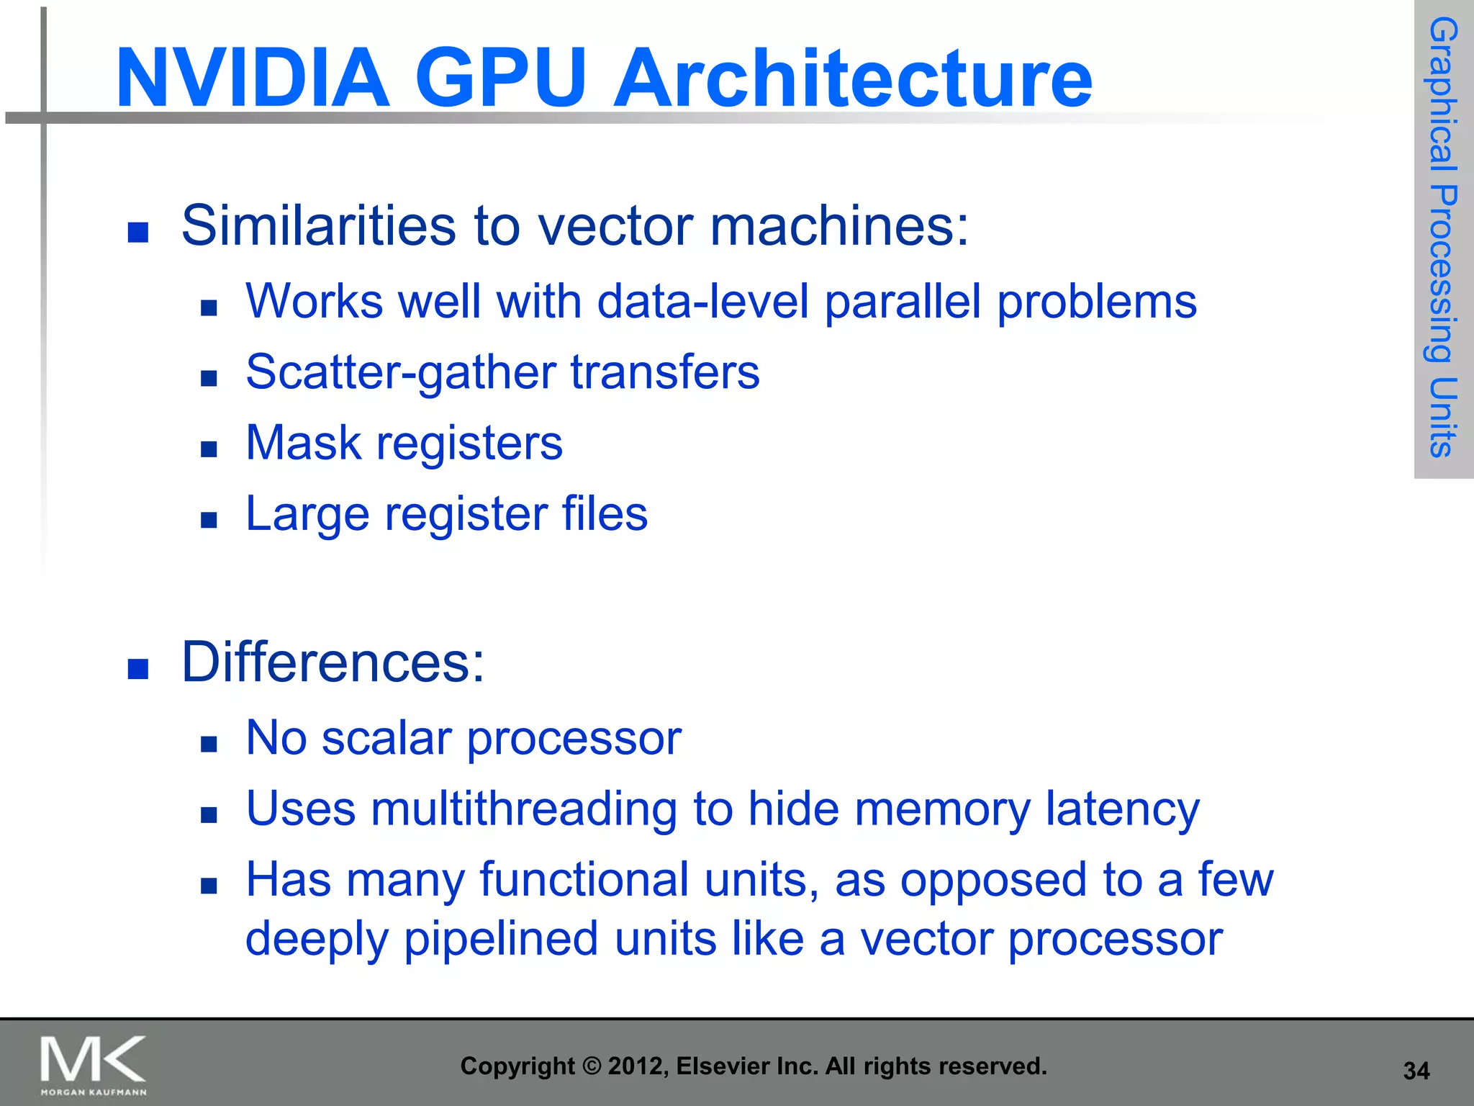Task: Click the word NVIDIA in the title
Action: pos(252,78)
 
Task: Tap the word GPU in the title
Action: pos(501,78)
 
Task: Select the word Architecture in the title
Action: pos(853,78)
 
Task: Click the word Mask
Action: pos(303,443)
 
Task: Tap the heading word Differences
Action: pos(333,662)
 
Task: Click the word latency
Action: pos(1123,809)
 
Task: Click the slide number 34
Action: pos(1416,1071)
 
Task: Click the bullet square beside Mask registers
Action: pos(209,449)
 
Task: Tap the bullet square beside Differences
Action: pos(137,669)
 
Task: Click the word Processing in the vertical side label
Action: pos(1442,274)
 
